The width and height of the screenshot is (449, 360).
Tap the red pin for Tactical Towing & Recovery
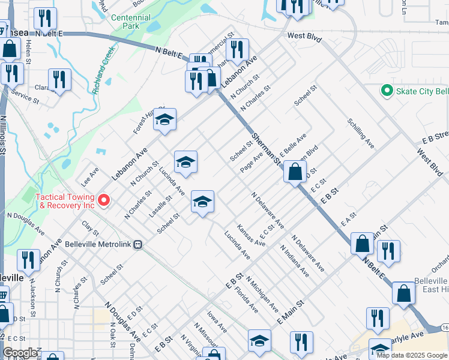(104, 200)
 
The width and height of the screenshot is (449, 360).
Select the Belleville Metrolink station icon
(139, 244)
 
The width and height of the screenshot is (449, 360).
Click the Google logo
(20, 353)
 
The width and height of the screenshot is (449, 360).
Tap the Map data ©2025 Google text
(412, 355)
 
